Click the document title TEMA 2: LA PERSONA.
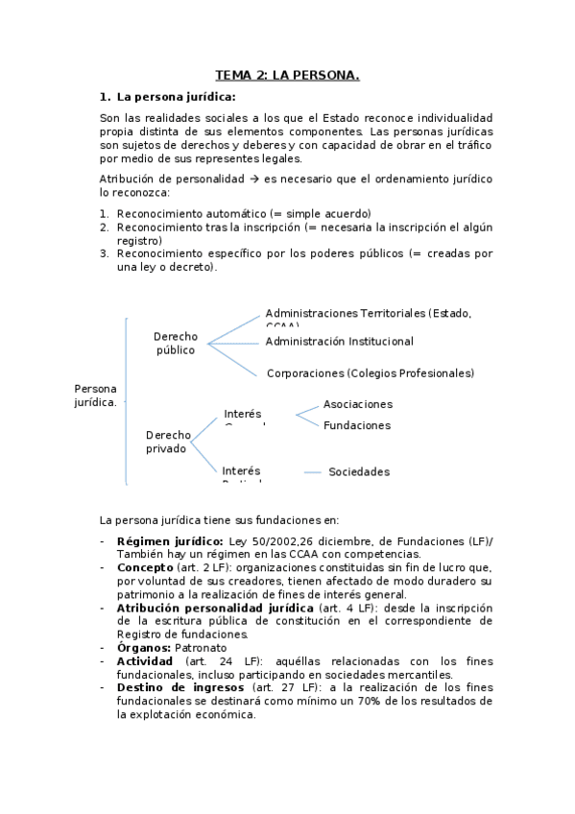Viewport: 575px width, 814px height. [287, 74]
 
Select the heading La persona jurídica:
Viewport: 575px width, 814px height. [176, 96]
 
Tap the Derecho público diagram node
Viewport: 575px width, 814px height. [176, 343]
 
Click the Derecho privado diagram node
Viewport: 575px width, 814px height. [168, 442]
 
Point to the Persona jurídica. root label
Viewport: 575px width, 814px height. [95, 395]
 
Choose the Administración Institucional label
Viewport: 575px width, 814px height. [339, 342]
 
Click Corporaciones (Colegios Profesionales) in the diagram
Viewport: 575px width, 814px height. [370, 373]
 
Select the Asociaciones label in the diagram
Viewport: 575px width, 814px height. [357, 404]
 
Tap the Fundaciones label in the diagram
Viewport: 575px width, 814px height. [356, 425]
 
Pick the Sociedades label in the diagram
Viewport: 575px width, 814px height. [359, 472]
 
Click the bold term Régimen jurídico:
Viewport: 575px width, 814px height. [170, 542]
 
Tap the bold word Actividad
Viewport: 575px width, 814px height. [144, 661]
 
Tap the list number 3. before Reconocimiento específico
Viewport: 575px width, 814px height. [105, 253]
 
